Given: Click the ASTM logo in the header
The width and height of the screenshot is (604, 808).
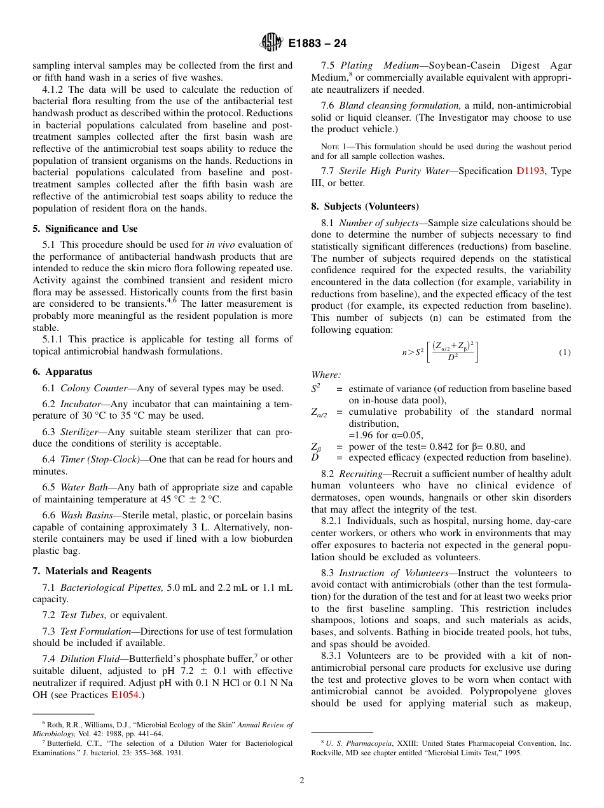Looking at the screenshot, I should click(x=271, y=43).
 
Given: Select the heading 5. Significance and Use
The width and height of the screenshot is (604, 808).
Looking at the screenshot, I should click(x=85, y=229).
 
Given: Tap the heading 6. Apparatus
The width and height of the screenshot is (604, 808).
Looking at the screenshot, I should click(x=62, y=372).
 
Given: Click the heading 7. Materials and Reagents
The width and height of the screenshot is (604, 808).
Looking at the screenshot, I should click(x=92, y=571).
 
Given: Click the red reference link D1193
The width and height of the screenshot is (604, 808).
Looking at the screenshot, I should click(x=530, y=171).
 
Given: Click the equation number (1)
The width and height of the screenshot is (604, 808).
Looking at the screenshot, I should click(x=565, y=353).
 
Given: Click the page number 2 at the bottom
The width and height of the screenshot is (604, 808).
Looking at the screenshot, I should click(x=302, y=781).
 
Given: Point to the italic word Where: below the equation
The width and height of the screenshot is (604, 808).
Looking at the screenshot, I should click(x=326, y=375).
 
